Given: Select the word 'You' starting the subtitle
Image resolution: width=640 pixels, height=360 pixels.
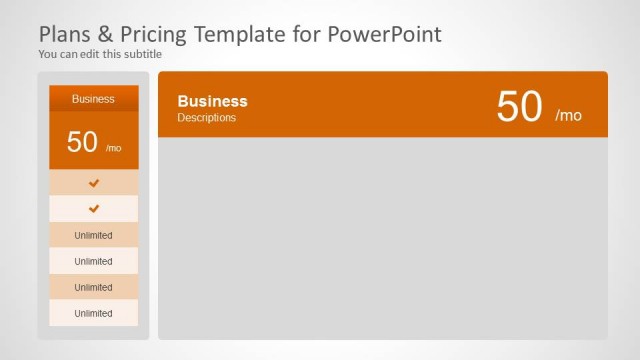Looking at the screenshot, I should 48,54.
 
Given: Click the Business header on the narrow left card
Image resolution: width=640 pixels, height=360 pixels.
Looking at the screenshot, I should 93,99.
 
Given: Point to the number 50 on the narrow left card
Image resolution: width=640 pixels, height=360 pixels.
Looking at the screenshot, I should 82,142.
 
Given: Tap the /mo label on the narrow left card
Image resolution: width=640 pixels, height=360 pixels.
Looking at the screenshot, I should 113,148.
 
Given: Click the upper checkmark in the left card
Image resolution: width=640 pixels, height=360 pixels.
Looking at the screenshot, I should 94,183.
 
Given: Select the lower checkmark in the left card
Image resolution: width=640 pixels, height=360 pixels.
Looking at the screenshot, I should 94,209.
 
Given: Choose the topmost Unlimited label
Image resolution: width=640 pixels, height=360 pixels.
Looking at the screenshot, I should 93,235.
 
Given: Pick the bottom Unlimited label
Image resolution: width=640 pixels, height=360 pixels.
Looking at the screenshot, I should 93,313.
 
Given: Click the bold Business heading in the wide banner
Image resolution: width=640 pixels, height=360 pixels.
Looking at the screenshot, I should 212,101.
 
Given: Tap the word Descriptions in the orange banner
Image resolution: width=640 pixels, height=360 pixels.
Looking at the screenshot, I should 207,118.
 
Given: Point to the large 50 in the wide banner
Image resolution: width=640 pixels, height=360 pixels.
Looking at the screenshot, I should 519,107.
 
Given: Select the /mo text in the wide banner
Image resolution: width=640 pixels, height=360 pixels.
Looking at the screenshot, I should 568,115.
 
